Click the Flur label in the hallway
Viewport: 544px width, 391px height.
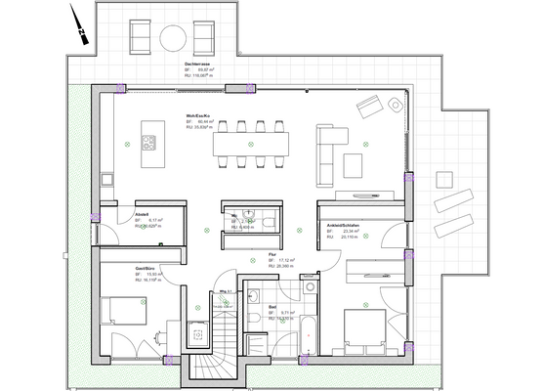click(x=272, y=254)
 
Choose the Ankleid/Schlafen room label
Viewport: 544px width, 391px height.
click(x=344, y=225)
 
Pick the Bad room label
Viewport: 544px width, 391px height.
click(x=272, y=308)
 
